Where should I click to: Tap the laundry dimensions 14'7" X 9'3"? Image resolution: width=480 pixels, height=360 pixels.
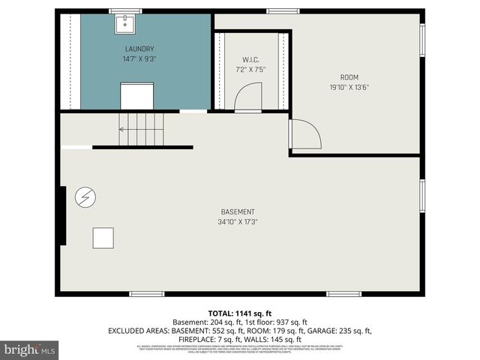(139, 58)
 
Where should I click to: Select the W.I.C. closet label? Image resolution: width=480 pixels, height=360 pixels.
(250, 59)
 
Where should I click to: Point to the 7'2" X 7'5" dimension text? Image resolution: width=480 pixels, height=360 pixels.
(250, 69)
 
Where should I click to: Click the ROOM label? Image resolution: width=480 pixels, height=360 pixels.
(349, 77)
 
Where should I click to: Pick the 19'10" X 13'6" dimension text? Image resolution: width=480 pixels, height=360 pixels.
(349, 87)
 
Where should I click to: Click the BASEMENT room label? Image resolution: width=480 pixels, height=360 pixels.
(238, 211)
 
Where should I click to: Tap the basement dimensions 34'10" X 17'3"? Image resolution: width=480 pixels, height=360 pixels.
(238, 221)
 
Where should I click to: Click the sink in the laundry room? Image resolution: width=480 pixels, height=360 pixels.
(124, 24)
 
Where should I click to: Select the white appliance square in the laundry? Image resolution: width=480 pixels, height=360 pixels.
(136, 95)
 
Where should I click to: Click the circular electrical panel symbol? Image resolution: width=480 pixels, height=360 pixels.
(85, 197)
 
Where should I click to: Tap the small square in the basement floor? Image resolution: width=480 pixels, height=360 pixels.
(103, 238)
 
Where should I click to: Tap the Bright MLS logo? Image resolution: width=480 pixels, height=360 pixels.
(30, 349)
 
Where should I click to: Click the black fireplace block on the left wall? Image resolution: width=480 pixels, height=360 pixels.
(61, 215)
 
